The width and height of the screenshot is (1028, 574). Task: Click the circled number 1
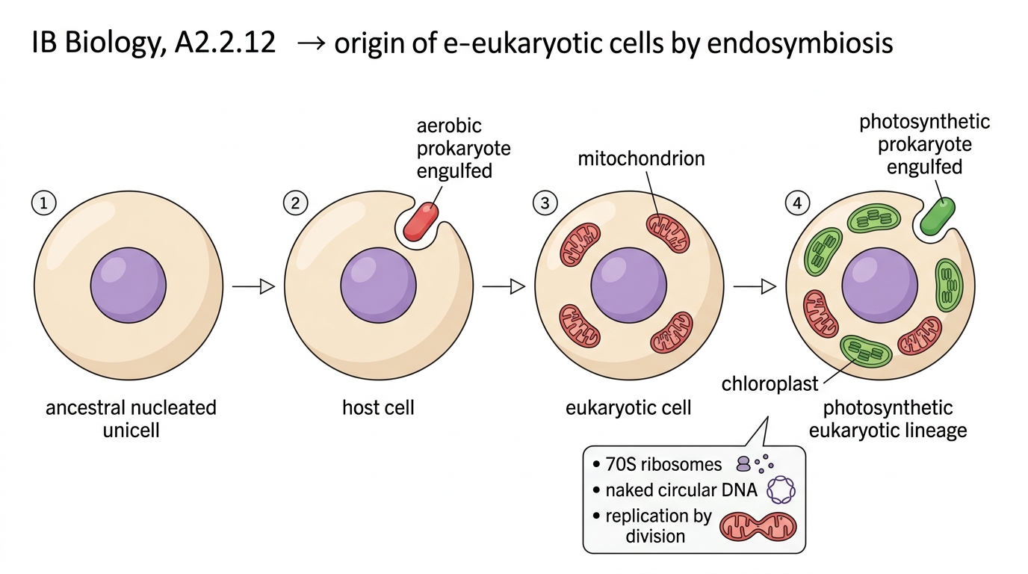point(43,203)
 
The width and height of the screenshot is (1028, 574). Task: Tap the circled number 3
point(545,203)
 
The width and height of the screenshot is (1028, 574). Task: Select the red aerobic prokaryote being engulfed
point(421,221)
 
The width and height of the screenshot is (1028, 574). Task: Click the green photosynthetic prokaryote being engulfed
point(938,216)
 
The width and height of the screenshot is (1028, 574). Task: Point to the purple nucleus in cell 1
point(128,286)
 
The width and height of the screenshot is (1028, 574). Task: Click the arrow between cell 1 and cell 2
point(253,286)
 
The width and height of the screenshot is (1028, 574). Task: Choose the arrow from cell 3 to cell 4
point(755,286)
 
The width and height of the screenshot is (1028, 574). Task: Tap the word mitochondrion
point(641,158)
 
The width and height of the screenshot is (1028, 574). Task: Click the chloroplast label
point(770,383)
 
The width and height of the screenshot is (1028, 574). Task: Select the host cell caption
point(378,407)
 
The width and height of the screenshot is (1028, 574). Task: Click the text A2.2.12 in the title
point(225,43)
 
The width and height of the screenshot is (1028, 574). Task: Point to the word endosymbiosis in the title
point(800,43)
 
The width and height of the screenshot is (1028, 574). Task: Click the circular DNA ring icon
point(781,490)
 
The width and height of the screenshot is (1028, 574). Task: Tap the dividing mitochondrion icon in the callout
point(758,527)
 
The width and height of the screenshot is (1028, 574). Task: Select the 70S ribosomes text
point(663,464)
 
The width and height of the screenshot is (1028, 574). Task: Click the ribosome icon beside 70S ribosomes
point(755,464)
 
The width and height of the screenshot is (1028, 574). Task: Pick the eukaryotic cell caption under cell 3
point(628,408)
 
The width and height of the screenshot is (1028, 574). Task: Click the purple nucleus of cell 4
point(880,286)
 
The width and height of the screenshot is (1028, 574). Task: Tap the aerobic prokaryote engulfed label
point(463,148)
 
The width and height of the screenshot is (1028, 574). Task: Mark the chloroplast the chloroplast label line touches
point(866,351)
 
